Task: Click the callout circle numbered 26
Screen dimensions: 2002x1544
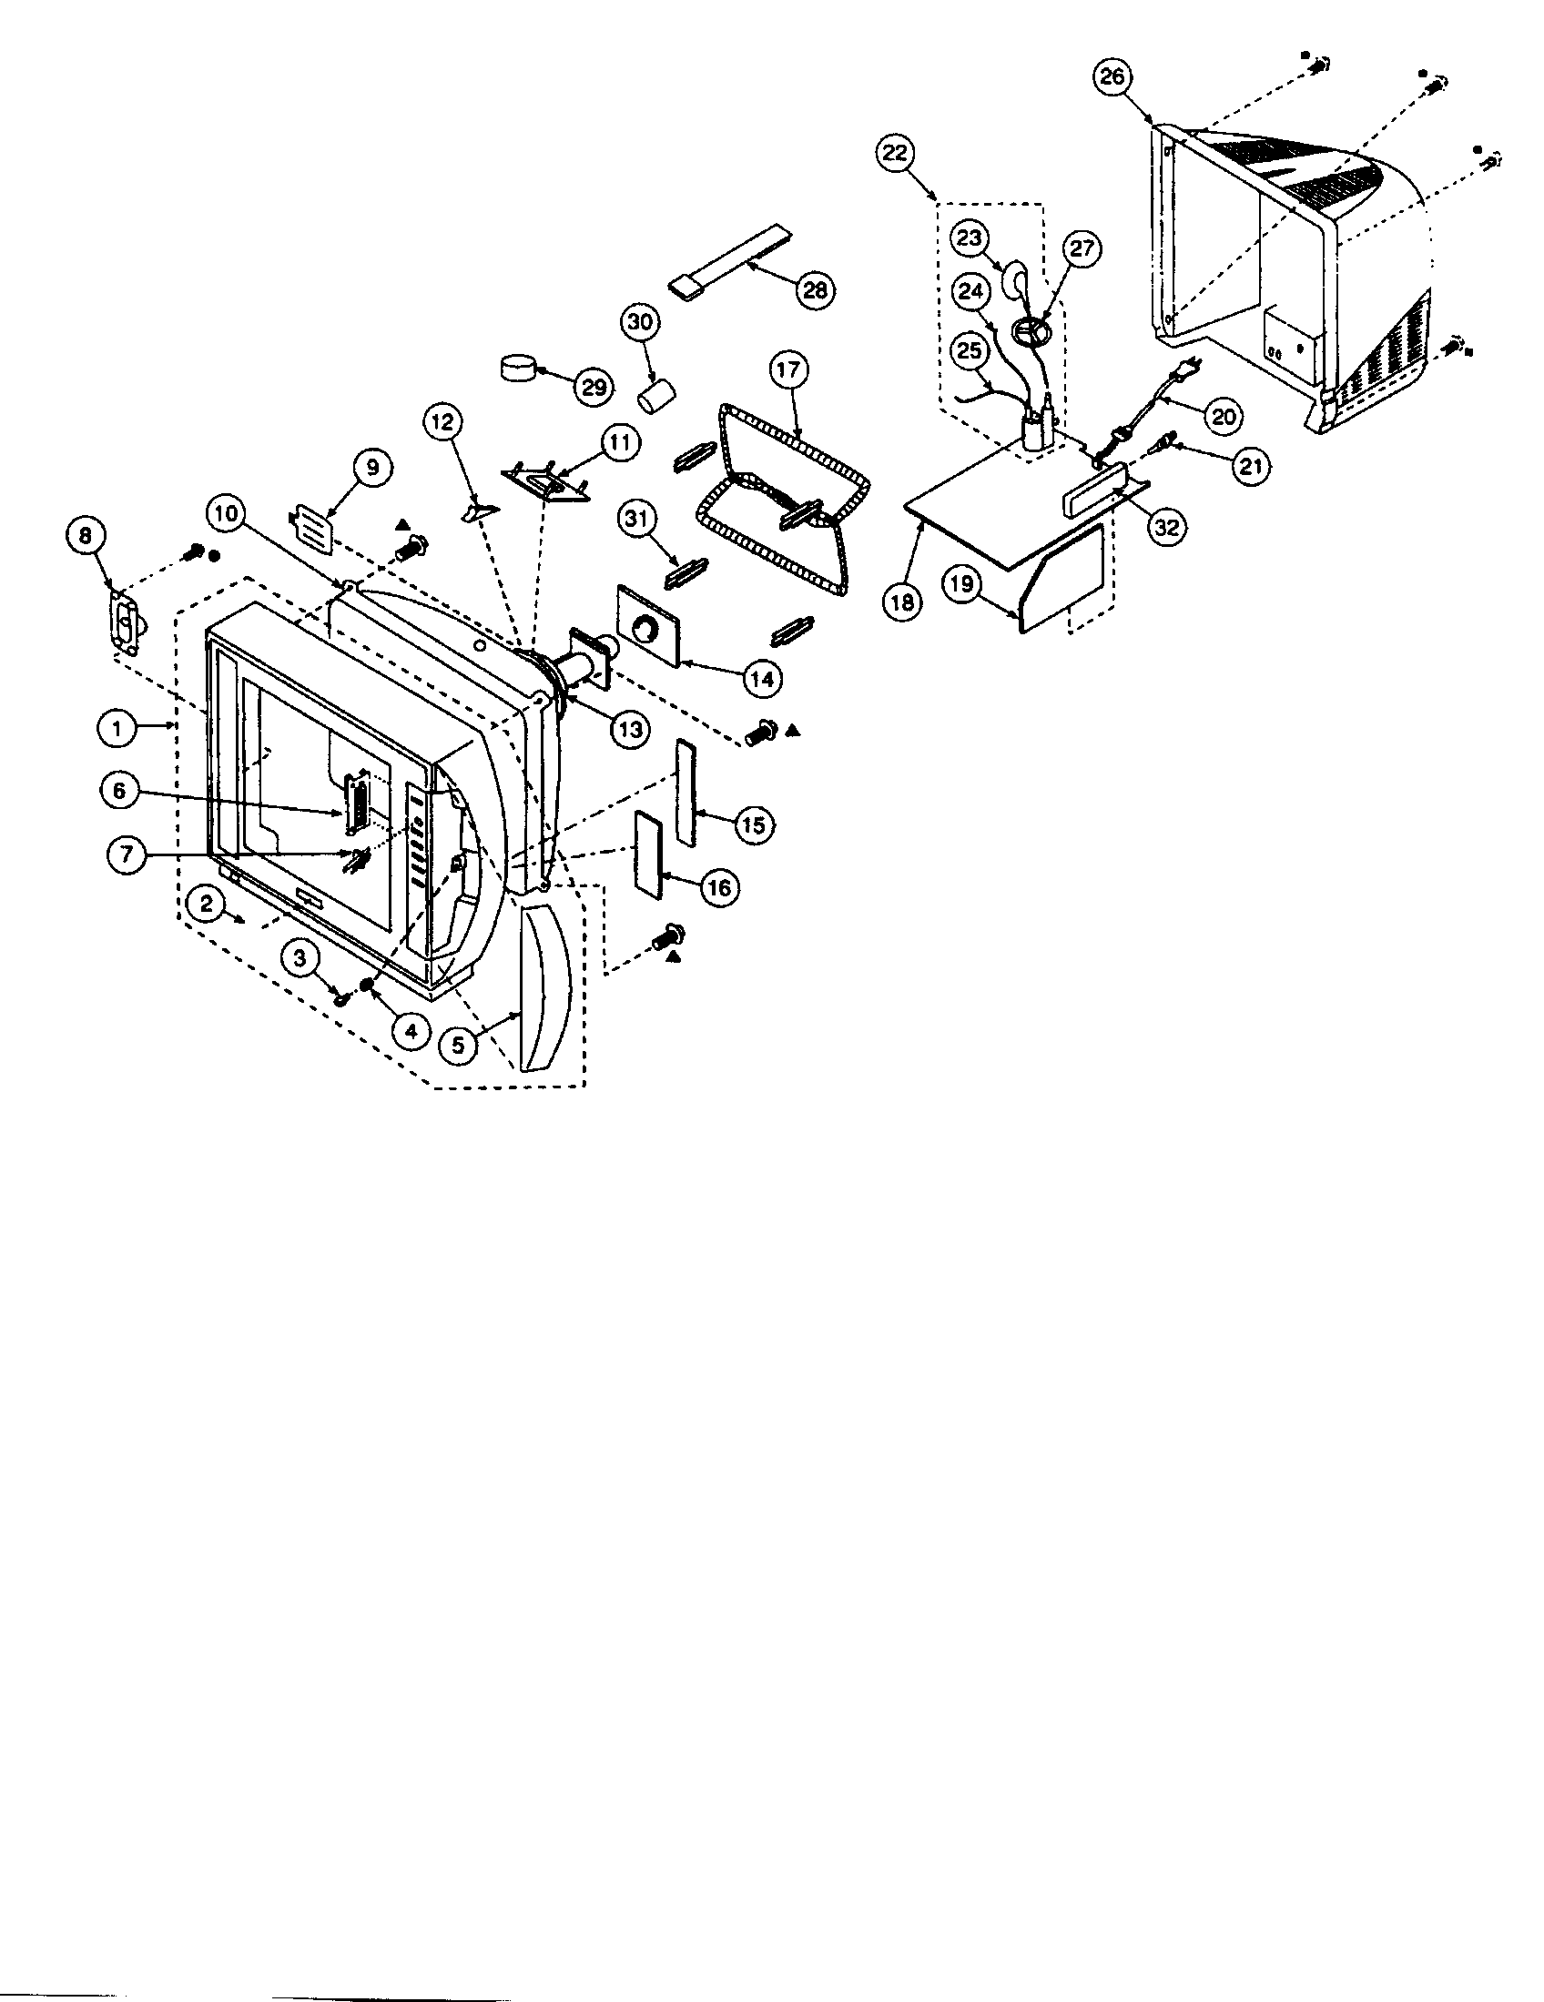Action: (1112, 77)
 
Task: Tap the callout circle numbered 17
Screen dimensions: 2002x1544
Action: (787, 370)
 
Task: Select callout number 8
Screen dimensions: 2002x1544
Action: (86, 535)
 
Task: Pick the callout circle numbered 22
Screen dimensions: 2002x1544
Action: (894, 152)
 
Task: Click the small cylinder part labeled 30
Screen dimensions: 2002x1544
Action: (656, 398)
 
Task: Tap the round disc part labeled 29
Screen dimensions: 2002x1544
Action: (518, 369)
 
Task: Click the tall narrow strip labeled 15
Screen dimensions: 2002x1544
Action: (686, 794)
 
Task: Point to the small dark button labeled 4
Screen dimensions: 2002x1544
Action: (366, 985)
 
